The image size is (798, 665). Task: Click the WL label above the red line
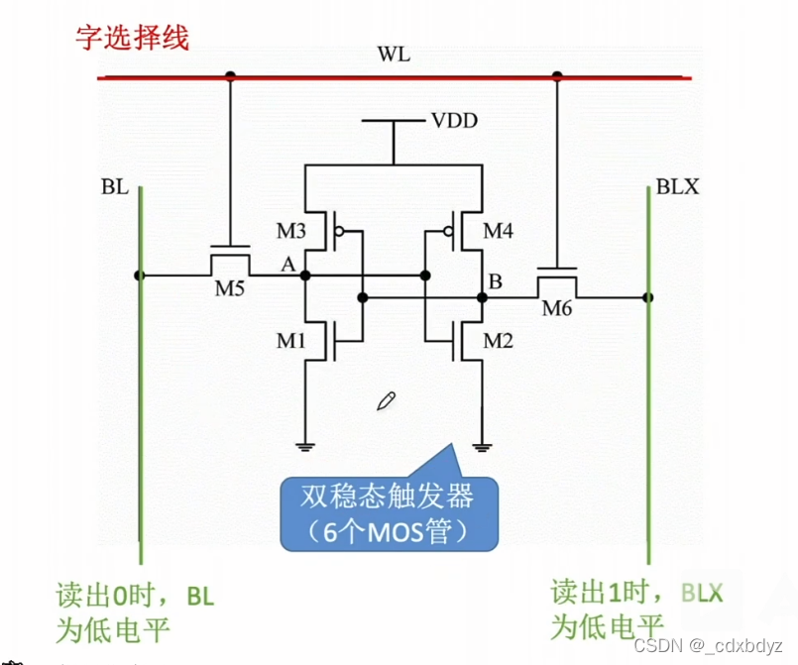(394, 55)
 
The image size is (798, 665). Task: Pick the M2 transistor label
(500, 342)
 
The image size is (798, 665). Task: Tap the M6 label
(557, 308)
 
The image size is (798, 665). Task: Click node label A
(287, 266)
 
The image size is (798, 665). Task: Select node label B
(495, 281)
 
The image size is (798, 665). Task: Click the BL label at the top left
(114, 186)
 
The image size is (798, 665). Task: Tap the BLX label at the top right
(677, 186)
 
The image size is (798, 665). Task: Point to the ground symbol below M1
(306, 445)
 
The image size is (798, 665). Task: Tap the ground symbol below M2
(483, 445)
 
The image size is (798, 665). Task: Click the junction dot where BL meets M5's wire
(141, 276)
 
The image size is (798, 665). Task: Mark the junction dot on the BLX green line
(647, 296)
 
